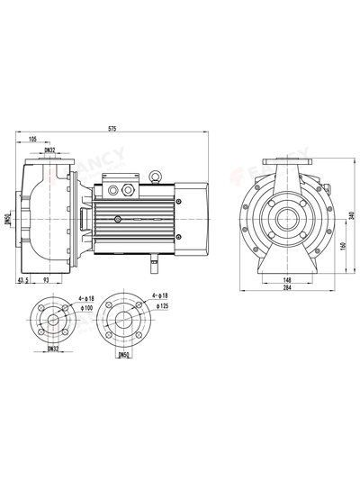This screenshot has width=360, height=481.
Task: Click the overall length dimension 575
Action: point(112,129)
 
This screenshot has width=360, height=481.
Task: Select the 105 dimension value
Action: point(32,140)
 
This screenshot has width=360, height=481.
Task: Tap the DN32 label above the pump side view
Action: point(49,150)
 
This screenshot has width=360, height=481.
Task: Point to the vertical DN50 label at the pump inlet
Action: point(8,220)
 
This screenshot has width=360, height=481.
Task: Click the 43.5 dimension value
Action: point(23,280)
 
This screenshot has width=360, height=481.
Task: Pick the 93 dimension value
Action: point(46,280)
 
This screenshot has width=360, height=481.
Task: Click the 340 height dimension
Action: point(352,215)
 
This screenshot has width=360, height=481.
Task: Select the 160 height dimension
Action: point(343,246)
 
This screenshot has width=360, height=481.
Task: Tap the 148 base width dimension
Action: point(287,280)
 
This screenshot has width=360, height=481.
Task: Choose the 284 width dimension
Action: point(287,287)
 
